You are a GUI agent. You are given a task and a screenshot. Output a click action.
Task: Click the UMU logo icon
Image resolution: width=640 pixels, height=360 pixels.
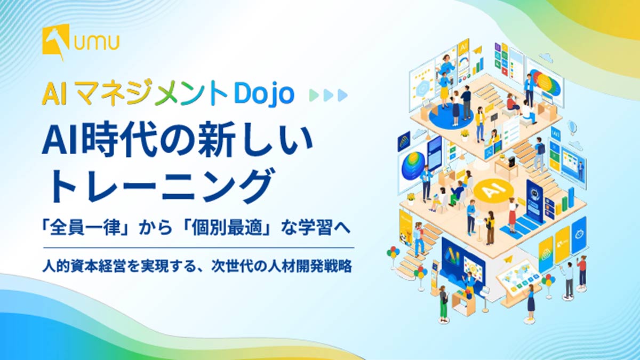56,42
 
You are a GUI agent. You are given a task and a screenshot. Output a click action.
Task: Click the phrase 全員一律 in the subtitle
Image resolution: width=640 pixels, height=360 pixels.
85,229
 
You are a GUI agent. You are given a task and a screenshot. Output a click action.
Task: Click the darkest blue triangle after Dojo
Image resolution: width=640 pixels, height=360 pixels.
342,95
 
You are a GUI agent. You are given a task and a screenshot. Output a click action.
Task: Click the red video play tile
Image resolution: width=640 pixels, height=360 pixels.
505,71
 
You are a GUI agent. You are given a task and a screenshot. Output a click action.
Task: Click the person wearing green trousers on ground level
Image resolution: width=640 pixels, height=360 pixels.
443,304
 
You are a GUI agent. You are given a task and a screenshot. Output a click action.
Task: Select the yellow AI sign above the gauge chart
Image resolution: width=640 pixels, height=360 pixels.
463,49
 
